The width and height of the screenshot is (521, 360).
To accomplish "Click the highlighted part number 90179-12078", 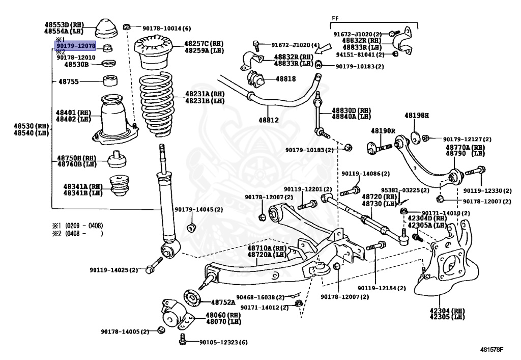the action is point(76,45).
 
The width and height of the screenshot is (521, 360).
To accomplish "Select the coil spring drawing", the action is point(156,103).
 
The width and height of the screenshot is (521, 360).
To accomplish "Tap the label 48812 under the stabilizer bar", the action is point(269,120).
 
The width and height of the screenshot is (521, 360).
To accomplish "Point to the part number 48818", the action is point(285,79).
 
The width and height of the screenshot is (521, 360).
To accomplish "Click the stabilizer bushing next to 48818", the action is point(255,79).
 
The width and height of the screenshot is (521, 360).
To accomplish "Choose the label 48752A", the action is point(223,302).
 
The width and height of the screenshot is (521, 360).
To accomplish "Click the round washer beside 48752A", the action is point(192,298).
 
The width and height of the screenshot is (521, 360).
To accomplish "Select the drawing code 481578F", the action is point(491,349).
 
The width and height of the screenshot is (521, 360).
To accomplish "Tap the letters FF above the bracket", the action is point(335,19).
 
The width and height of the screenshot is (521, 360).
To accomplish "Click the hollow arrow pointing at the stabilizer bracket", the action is point(323,48).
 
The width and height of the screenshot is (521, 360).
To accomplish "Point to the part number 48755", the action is point(69,81).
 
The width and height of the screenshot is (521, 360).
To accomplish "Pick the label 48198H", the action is point(417,116).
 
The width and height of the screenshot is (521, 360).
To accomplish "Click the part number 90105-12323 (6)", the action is point(223,342).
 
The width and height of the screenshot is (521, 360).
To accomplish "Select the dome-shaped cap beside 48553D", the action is point(107,29).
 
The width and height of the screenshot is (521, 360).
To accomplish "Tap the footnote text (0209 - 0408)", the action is point(84,226).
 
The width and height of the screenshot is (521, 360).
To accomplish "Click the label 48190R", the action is point(383,131).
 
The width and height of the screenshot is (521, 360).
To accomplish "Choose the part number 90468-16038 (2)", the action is point(260,297).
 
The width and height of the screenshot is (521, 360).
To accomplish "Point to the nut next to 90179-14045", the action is point(191,228).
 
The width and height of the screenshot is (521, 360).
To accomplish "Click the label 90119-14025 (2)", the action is point(113,270).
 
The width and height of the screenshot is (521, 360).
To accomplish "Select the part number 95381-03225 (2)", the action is point(405,190).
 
